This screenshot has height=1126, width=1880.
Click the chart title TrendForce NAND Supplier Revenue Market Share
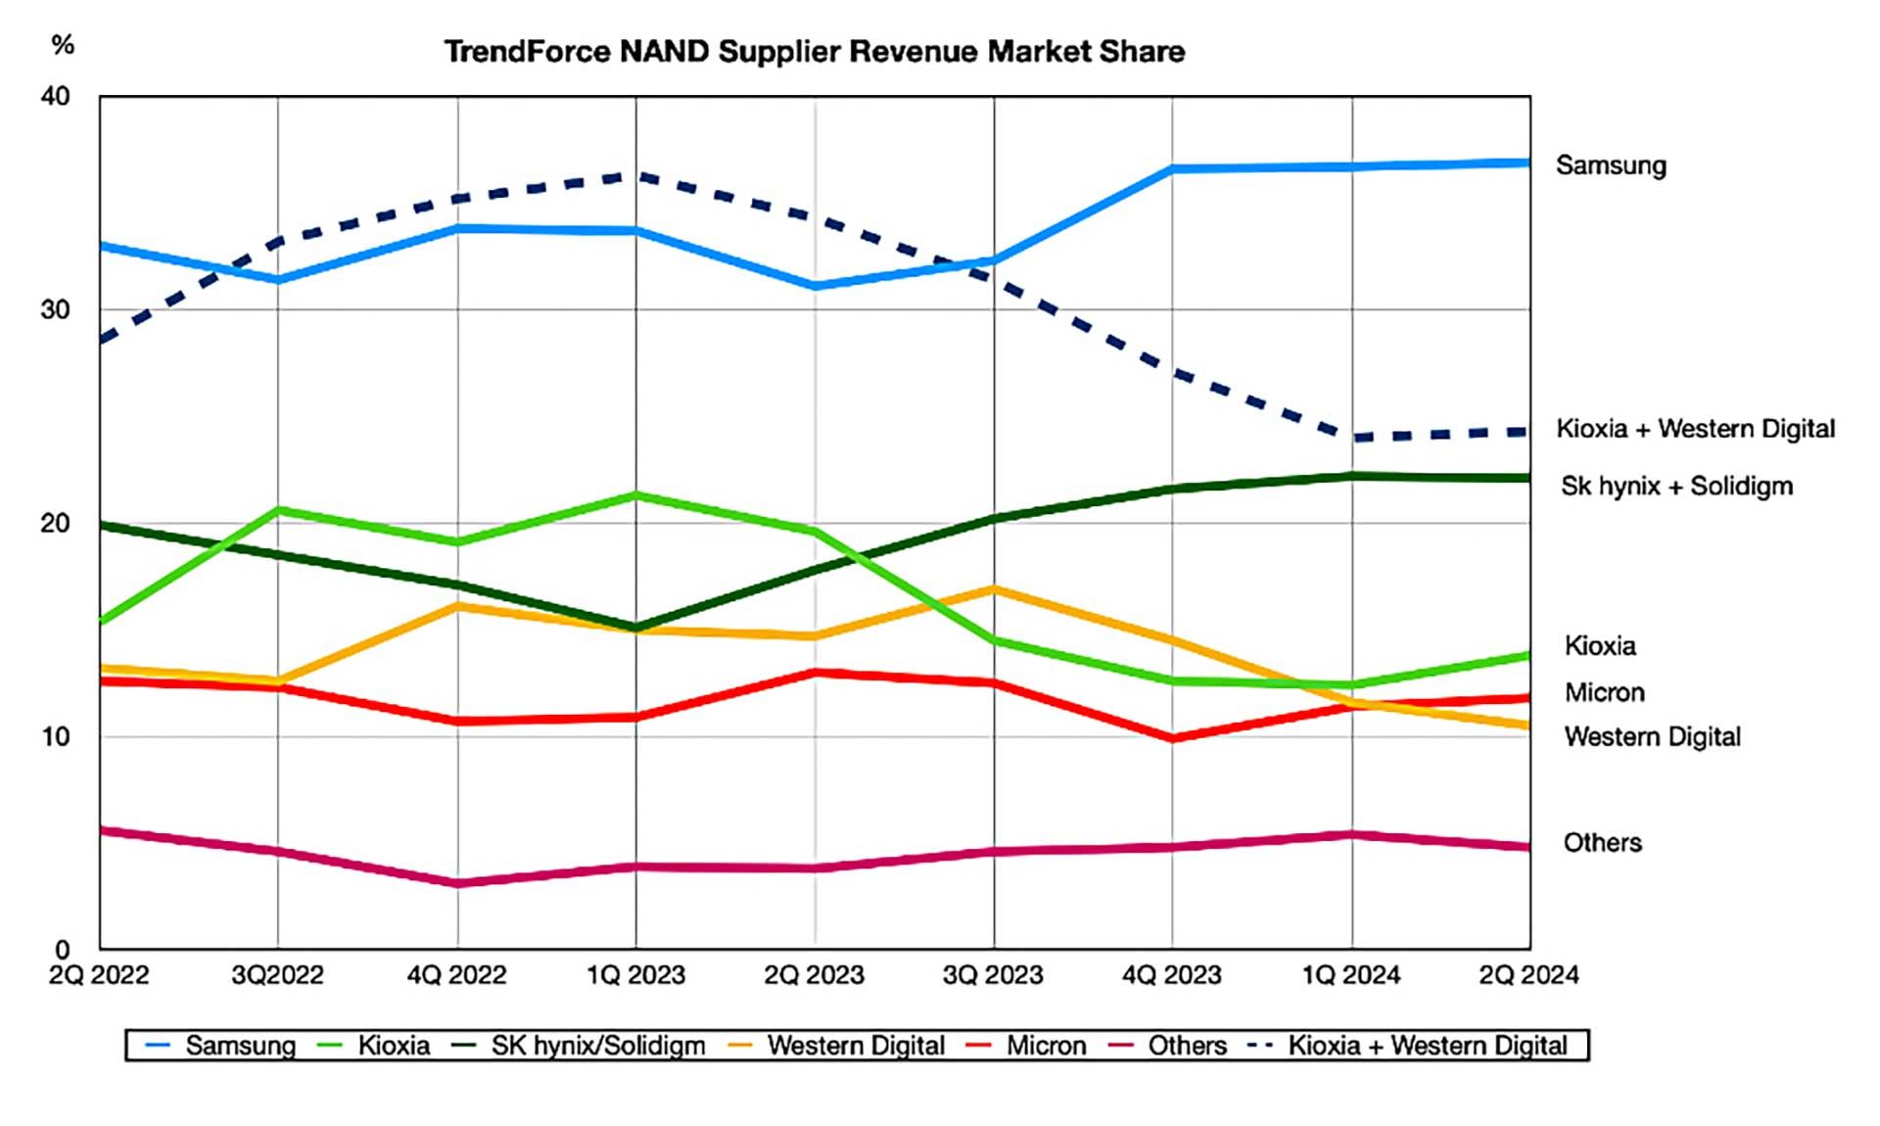(x=814, y=52)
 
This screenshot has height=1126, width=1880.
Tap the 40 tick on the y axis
(x=55, y=96)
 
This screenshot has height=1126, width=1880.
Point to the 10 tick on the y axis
(x=55, y=736)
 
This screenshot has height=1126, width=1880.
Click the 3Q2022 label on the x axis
(x=277, y=975)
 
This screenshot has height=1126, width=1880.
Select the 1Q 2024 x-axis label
(x=1350, y=975)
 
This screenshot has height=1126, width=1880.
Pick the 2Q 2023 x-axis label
(x=814, y=975)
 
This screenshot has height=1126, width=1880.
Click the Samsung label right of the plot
(x=1611, y=165)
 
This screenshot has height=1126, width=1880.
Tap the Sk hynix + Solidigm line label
(x=1676, y=486)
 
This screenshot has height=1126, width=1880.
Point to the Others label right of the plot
(x=1602, y=843)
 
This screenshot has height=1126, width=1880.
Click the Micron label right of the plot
(x=1604, y=693)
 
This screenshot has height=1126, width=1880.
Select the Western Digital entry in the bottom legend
(x=855, y=1046)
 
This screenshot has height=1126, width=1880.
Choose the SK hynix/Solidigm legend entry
(x=597, y=1046)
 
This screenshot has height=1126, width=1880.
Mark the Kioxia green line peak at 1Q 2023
(x=635, y=495)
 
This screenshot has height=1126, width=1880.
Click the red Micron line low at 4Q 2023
(x=1173, y=738)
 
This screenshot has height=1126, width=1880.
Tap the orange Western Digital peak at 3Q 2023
(x=994, y=589)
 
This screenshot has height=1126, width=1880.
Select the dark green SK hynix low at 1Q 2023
(x=635, y=627)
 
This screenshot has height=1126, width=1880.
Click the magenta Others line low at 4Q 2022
(x=457, y=883)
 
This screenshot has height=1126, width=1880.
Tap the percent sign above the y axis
(x=63, y=45)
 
